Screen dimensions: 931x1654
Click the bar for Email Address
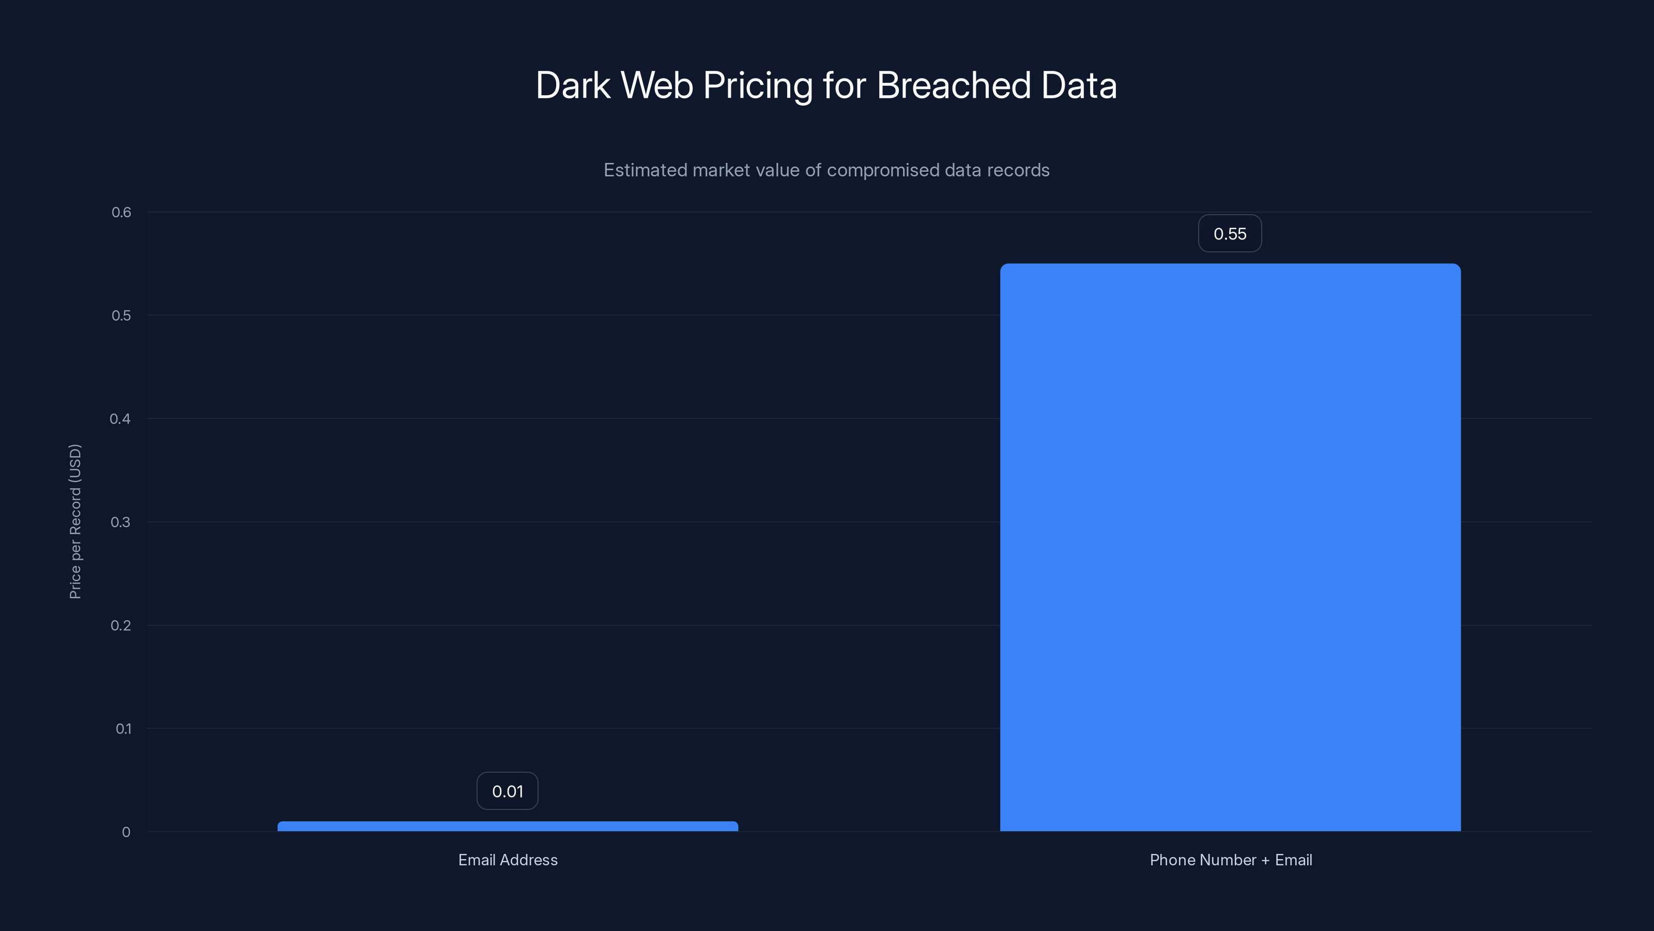coord(507,827)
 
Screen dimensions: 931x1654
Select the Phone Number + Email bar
coord(1230,547)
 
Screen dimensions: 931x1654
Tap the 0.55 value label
coord(1230,234)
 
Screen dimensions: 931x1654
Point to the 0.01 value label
coord(507,791)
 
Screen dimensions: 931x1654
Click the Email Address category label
coord(507,860)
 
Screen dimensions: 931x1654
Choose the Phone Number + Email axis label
coord(1230,860)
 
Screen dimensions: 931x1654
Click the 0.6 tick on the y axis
coord(121,213)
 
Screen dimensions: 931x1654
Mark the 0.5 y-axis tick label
coord(121,316)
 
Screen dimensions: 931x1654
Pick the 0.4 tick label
coord(120,419)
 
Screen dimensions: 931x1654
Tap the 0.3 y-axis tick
coord(120,522)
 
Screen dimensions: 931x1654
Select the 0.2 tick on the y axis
coord(121,626)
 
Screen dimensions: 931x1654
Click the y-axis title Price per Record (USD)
coord(75,521)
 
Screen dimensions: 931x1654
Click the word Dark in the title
coord(573,85)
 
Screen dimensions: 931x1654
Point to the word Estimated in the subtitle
coord(645,170)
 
